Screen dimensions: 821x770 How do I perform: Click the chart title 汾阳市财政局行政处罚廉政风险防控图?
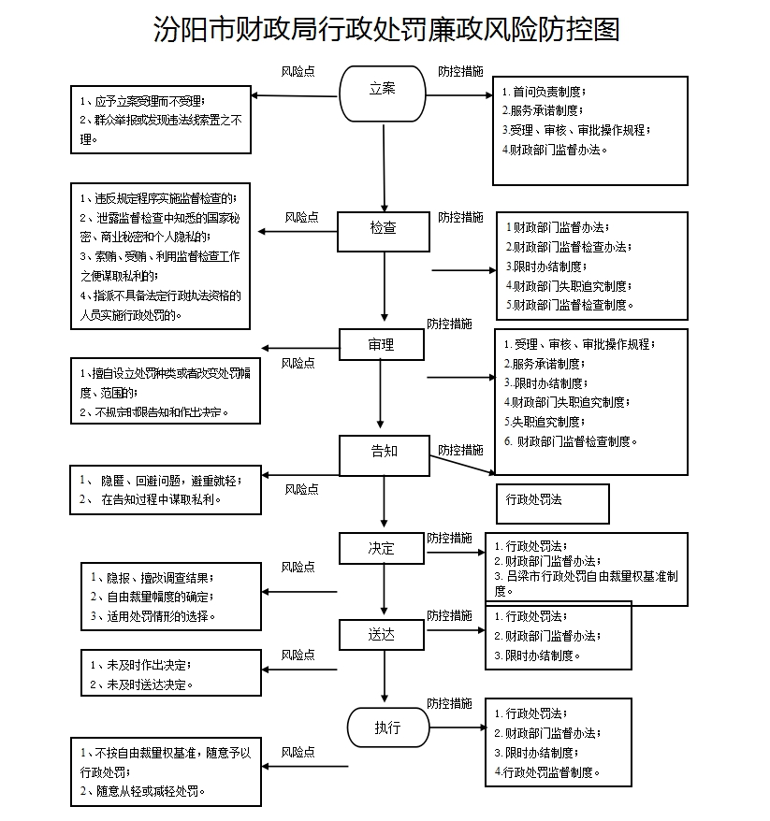385,30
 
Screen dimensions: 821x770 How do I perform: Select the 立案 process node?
383,89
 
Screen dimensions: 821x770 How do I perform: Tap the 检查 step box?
383,228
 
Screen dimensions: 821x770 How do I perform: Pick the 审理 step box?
381,345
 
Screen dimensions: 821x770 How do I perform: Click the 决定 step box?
382,549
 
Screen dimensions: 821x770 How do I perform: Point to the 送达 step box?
382,635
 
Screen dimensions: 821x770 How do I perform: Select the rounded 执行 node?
387,727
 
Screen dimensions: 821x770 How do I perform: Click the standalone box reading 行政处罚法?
552,501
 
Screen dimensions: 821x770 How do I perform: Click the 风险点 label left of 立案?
298,71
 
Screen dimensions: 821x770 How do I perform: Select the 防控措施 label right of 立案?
460,71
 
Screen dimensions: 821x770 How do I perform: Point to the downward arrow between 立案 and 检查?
384,159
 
